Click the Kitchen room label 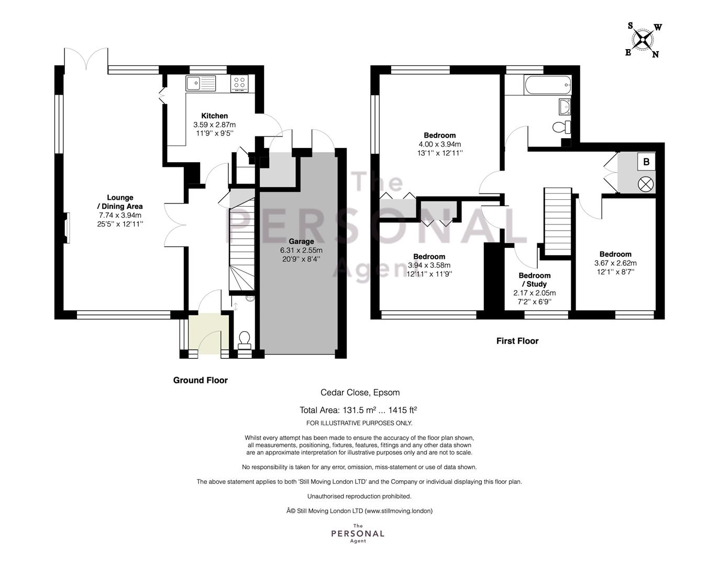pyautogui.click(x=215, y=116)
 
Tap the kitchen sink pyautogui.click(x=201, y=83)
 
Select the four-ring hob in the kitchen pyautogui.click(x=239, y=83)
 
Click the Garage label pyautogui.click(x=301, y=241)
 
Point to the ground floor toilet pyautogui.click(x=245, y=340)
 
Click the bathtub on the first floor pyautogui.click(x=548, y=85)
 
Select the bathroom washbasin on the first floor pyautogui.click(x=565, y=106)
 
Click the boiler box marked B pyautogui.click(x=646, y=162)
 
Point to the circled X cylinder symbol pyautogui.click(x=646, y=184)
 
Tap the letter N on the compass pyautogui.click(x=656, y=54)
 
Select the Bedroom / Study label pyautogui.click(x=535, y=280)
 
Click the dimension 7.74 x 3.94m pyautogui.click(x=120, y=215)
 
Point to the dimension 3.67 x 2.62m pyautogui.click(x=615, y=263)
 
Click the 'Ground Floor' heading pyautogui.click(x=201, y=380)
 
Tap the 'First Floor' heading pyautogui.click(x=517, y=341)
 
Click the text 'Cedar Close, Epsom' pyautogui.click(x=360, y=392)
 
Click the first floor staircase pyautogui.click(x=558, y=222)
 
